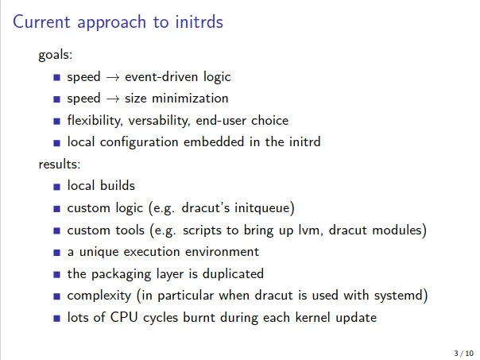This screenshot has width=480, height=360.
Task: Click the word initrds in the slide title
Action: tap(199, 21)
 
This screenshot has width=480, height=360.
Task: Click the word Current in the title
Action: tap(41, 21)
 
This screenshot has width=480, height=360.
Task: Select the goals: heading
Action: tap(56, 56)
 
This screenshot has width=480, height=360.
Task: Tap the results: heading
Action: tap(60, 164)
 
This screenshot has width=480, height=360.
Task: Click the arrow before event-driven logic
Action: tap(112, 77)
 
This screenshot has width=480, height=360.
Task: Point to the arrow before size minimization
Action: tap(112, 99)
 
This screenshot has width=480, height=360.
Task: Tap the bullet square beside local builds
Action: tap(56, 187)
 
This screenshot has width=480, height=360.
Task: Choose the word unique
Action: tap(99, 252)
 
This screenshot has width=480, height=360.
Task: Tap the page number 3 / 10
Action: tap(464, 354)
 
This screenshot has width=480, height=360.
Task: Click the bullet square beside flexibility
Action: tap(56, 122)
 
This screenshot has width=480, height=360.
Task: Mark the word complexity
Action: tap(99, 296)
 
